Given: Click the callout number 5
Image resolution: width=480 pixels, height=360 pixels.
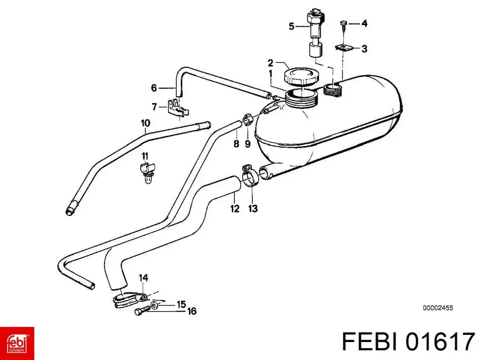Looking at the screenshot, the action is click(291, 27).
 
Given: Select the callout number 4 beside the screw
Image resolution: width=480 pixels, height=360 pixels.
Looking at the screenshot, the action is click(364, 24).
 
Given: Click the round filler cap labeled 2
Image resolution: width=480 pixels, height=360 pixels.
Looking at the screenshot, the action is click(301, 76).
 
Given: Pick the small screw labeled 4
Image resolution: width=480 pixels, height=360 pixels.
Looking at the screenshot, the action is click(343, 26).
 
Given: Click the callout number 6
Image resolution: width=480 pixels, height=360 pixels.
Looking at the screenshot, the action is click(154, 88).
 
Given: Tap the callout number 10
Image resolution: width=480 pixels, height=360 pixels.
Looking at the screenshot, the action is click(145, 123).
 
